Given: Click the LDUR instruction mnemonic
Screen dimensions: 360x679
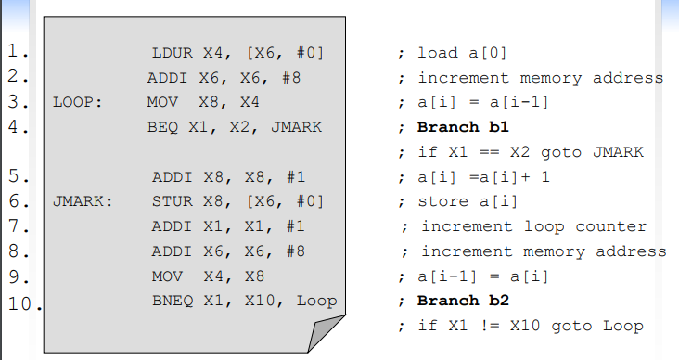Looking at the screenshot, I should (172, 53).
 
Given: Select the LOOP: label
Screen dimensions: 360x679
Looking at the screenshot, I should (77, 102).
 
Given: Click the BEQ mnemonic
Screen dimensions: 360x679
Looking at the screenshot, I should (162, 127).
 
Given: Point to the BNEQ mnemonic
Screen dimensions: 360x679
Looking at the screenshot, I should (171, 301).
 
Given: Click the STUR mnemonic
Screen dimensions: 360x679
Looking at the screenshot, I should (172, 201).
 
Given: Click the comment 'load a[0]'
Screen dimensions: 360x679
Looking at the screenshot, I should (462, 53).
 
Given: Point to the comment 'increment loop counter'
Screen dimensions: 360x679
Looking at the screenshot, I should (533, 226).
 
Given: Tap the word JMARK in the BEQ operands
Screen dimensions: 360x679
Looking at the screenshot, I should (296, 127).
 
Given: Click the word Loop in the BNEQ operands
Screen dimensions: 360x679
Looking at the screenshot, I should (317, 301).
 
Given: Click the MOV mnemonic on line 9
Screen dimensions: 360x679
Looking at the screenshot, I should (162, 276).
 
